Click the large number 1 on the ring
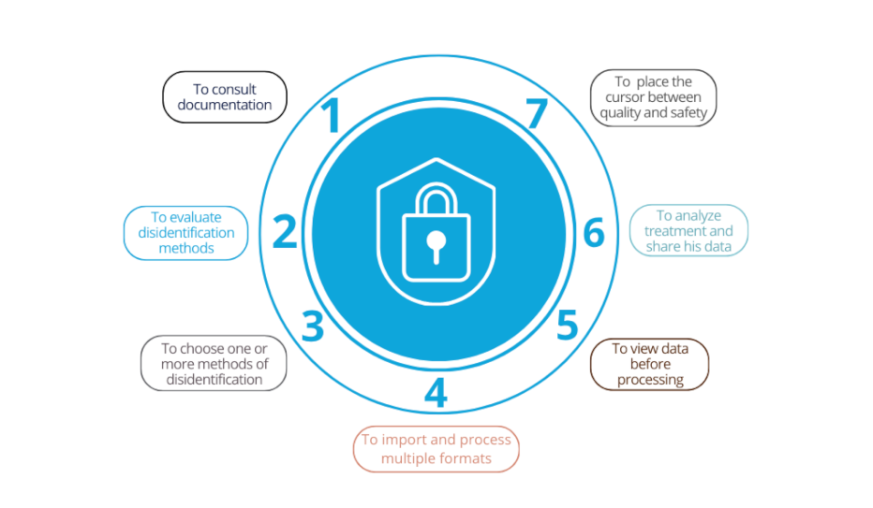330,117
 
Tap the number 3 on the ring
313,326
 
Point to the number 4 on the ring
436,393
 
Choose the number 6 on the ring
594,232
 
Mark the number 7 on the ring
536,114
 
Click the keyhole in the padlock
436,245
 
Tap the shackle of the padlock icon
436,198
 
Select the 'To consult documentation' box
225,97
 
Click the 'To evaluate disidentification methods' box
185,233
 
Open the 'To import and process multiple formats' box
436,449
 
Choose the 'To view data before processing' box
650,364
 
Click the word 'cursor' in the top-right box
624,97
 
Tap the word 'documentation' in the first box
225,105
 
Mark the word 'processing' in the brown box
650,379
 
